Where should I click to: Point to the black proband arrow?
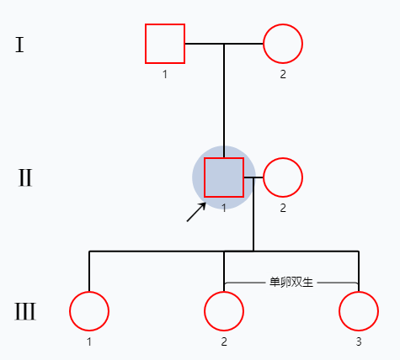(x=196, y=212)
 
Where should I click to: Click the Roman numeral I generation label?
(x=19, y=45)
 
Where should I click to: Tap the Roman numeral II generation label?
(x=25, y=178)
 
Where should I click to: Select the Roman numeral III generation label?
(x=25, y=311)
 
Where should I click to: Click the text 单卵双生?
(x=291, y=282)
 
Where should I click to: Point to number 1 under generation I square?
(x=165, y=74)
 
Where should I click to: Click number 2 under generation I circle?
(x=283, y=74)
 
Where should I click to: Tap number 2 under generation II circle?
(x=283, y=208)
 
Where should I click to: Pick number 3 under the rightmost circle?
(x=359, y=341)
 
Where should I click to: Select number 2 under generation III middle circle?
(x=224, y=341)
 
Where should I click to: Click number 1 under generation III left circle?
(x=89, y=341)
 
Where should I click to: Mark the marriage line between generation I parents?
(x=224, y=44)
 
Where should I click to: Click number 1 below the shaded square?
(x=224, y=208)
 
